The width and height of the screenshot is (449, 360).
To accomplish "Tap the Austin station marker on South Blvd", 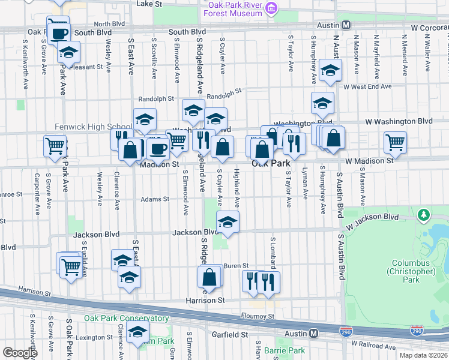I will (346, 25).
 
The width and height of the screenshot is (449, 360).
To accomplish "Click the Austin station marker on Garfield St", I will (314, 333).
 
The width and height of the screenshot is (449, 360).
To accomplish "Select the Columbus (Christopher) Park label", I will (414, 267).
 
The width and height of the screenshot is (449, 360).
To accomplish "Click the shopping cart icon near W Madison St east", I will (395, 143).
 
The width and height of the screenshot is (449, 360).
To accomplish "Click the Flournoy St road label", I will (258, 316).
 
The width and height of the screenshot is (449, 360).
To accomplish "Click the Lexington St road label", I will (91, 337).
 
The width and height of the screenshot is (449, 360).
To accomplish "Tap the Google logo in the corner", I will (20, 353).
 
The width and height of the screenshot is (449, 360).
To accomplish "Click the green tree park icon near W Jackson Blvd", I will (424, 214).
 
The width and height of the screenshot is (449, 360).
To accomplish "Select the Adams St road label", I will (155, 199).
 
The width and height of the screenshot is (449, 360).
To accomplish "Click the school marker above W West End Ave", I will (330, 70).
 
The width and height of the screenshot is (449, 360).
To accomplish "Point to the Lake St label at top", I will (149, 4).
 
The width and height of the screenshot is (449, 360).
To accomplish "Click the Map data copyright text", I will (423, 355).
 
